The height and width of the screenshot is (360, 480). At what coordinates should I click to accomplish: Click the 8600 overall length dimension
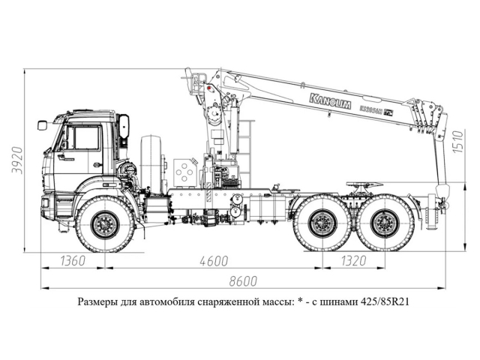coord(242,281)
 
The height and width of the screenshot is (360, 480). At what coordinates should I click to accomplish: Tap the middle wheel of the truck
coord(322,223)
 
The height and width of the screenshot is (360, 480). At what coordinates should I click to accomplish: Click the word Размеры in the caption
coord(97,303)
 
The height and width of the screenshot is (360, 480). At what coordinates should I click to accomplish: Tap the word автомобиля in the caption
coord(160,303)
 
